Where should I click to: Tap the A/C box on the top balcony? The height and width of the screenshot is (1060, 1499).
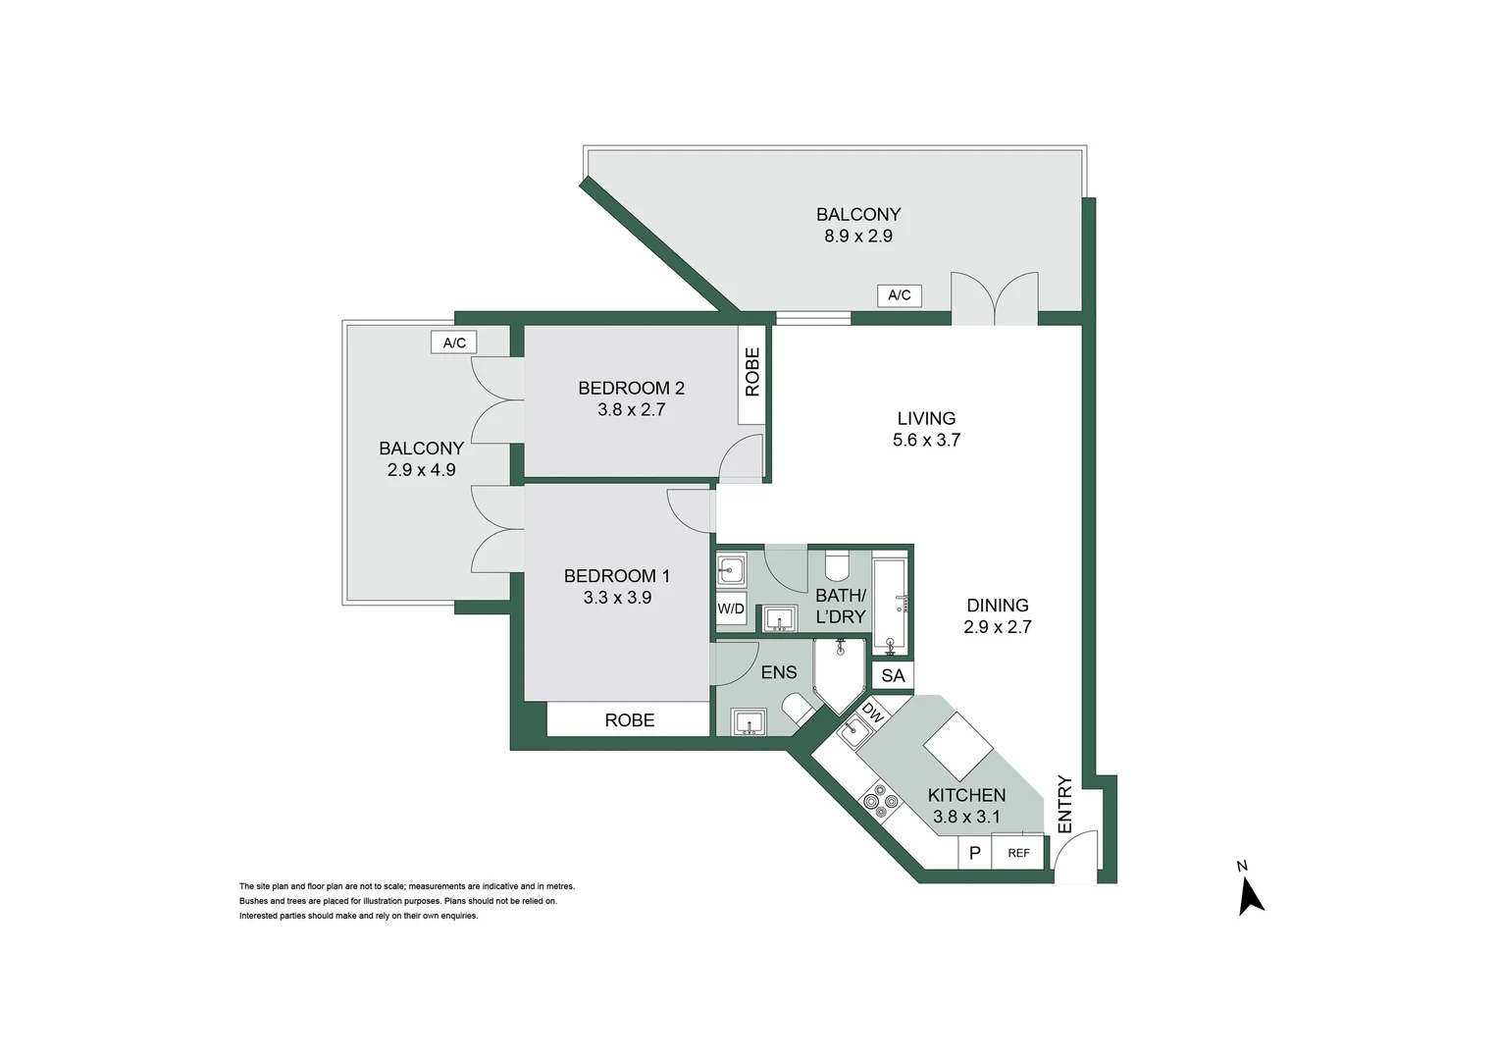coord(899,295)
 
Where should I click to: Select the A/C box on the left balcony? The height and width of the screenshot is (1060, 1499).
coord(454,343)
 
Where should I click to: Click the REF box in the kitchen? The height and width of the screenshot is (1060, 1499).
coord(1018,853)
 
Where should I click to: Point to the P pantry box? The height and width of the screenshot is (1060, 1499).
coord(974,853)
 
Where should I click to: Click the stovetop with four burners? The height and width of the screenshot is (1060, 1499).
coord(880,802)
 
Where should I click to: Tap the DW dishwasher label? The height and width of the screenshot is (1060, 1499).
coord(872,714)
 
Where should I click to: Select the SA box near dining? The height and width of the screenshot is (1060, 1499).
coord(893,675)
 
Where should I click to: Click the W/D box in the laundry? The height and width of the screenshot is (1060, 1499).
coord(731,609)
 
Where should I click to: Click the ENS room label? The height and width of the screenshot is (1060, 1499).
coord(779,672)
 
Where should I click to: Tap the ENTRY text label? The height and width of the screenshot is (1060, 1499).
coord(1065,804)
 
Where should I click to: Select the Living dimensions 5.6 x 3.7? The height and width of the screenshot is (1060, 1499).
coord(926,441)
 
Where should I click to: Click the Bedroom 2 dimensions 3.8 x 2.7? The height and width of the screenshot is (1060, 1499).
coord(631,410)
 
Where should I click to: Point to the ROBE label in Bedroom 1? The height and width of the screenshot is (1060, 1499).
coord(629,720)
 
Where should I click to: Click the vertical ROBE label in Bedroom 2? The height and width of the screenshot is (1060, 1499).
coord(752,372)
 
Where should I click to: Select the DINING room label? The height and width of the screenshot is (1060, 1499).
coord(997,606)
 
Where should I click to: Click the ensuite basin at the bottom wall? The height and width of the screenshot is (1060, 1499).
coord(750,723)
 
